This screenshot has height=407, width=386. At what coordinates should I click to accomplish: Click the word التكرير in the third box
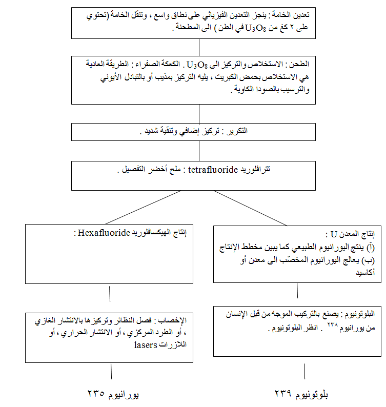coord(237,131)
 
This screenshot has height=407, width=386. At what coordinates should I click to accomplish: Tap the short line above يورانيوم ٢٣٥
coord(111,372)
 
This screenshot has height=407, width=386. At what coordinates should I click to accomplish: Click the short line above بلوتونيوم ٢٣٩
coord(304,372)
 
